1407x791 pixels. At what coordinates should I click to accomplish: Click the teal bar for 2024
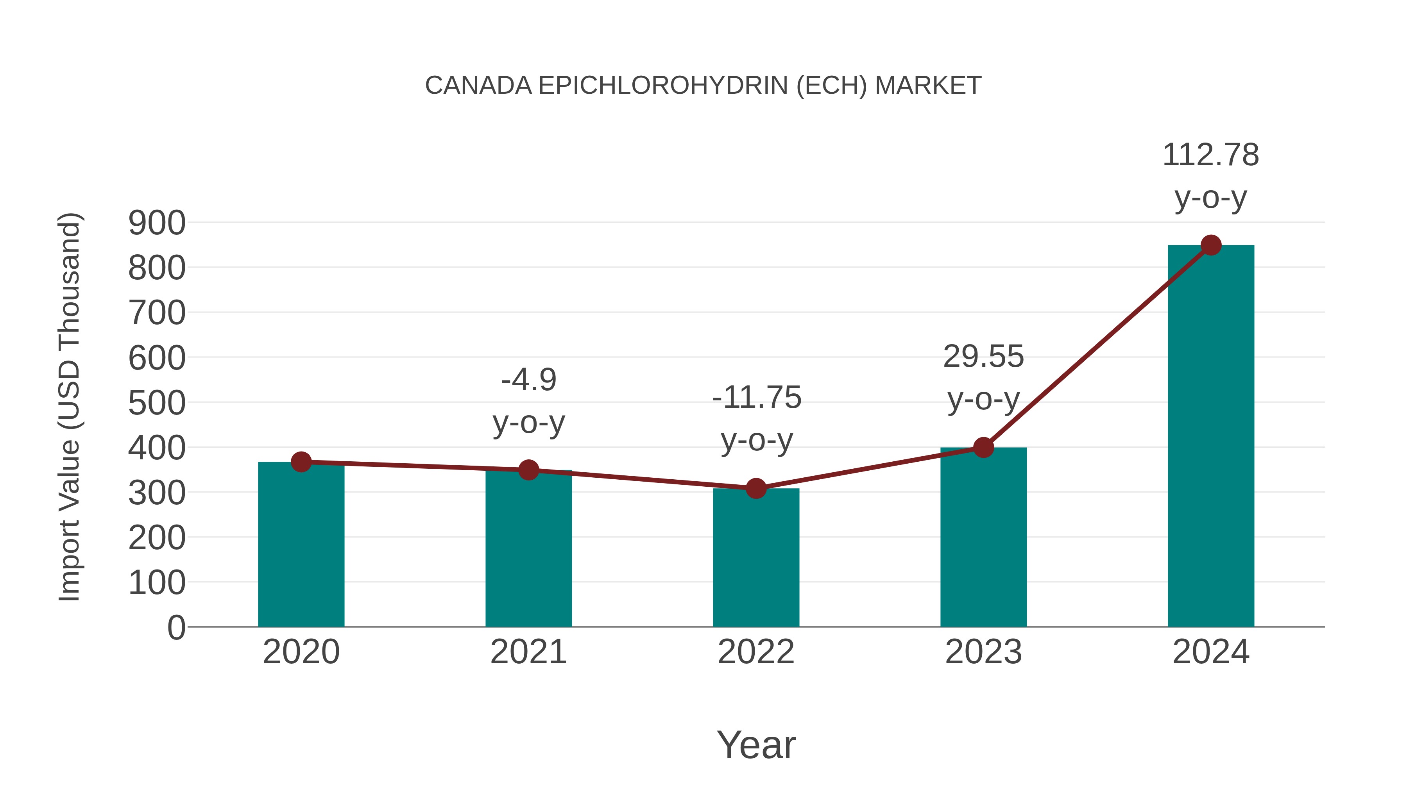point(1210,437)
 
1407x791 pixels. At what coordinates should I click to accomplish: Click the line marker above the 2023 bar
point(983,448)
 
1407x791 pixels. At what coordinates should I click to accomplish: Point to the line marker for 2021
point(528,470)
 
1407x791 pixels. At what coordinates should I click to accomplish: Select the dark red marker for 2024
point(1211,245)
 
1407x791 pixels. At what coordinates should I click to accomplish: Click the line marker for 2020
point(301,462)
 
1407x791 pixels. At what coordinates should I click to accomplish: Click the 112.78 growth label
point(1210,155)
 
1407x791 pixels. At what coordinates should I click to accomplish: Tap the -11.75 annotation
point(757,397)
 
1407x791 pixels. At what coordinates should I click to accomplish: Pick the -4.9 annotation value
point(529,380)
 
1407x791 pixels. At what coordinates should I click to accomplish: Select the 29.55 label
point(983,357)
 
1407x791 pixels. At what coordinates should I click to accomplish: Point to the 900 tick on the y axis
point(157,223)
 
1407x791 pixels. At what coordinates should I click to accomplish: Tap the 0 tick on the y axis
point(176,628)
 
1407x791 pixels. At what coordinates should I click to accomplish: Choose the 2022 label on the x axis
point(756,652)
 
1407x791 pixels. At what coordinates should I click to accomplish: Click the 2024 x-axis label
point(1210,652)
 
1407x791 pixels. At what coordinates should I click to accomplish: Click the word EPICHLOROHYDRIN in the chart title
point(663,86)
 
